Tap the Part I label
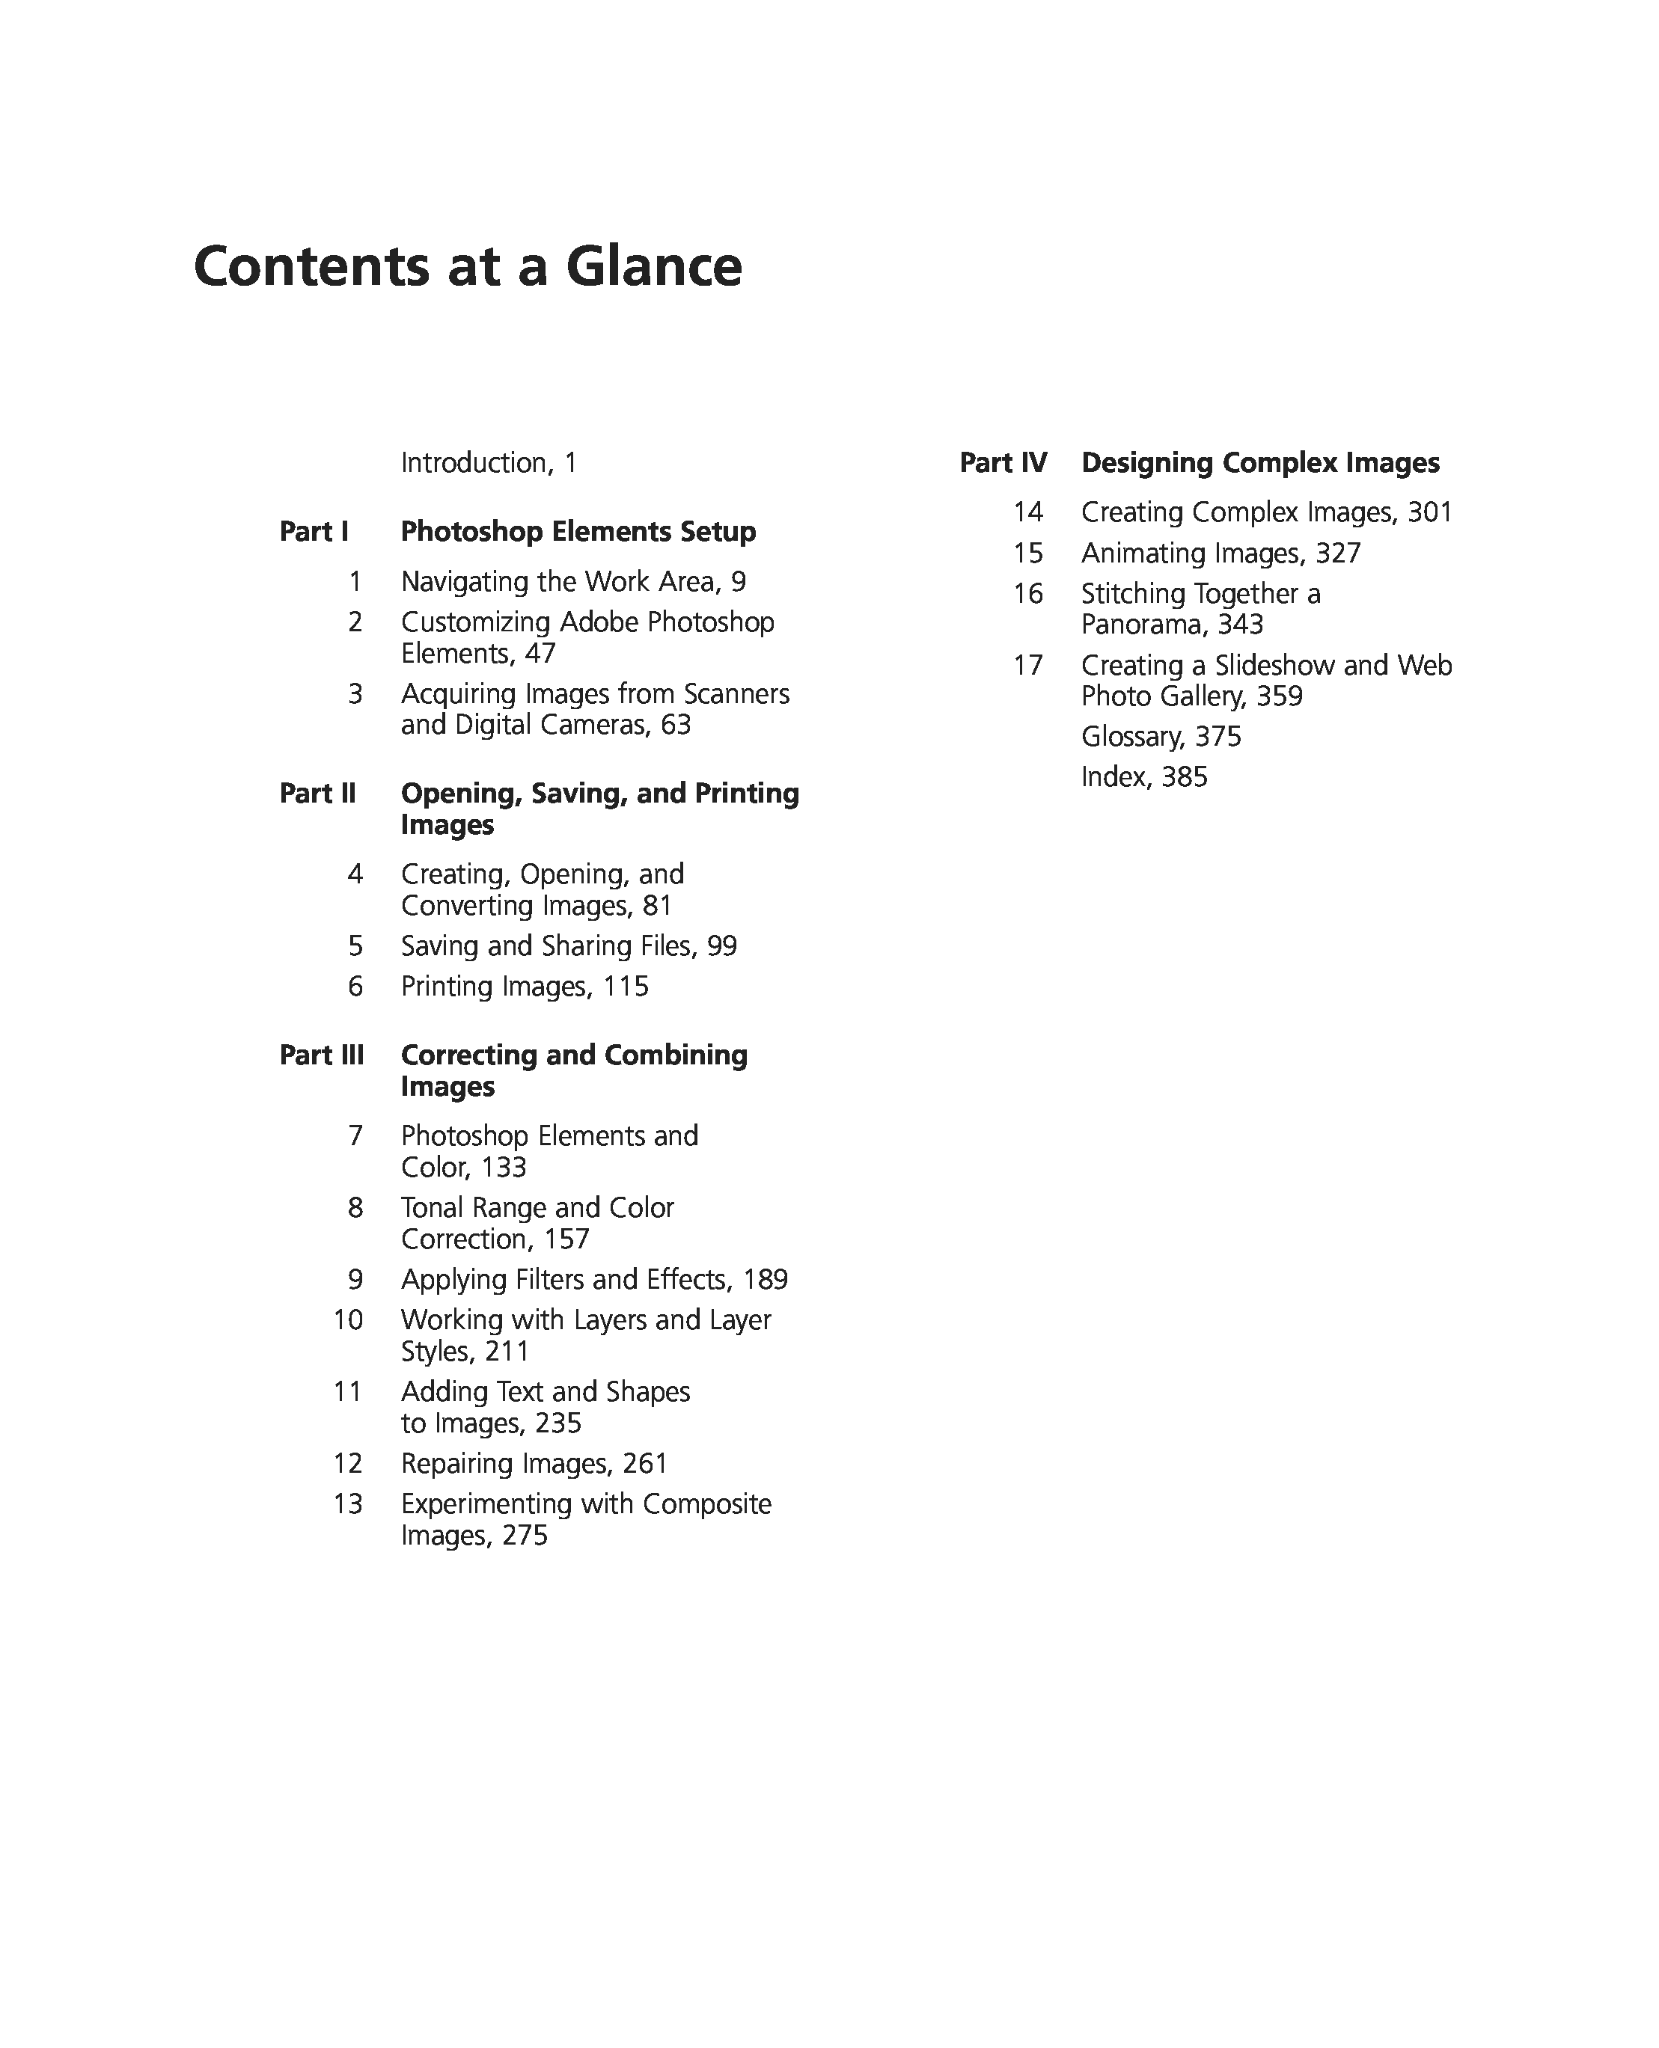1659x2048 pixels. tap(314, 531)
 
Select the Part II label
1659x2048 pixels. tap(317, 793)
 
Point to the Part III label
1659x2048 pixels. tap(321, 1055)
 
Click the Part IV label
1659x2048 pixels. tap(1003, 462)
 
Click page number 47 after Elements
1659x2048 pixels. tap(540, 654)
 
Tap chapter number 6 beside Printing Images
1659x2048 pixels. tap(355, 986)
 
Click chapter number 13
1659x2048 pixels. tap(348, 1503)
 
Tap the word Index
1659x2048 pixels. tap(1113, 776)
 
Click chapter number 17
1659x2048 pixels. tap(1028, 665)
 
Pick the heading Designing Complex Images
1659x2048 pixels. tap(1259, 462)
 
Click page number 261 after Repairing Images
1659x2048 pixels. tap(645, 1463)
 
